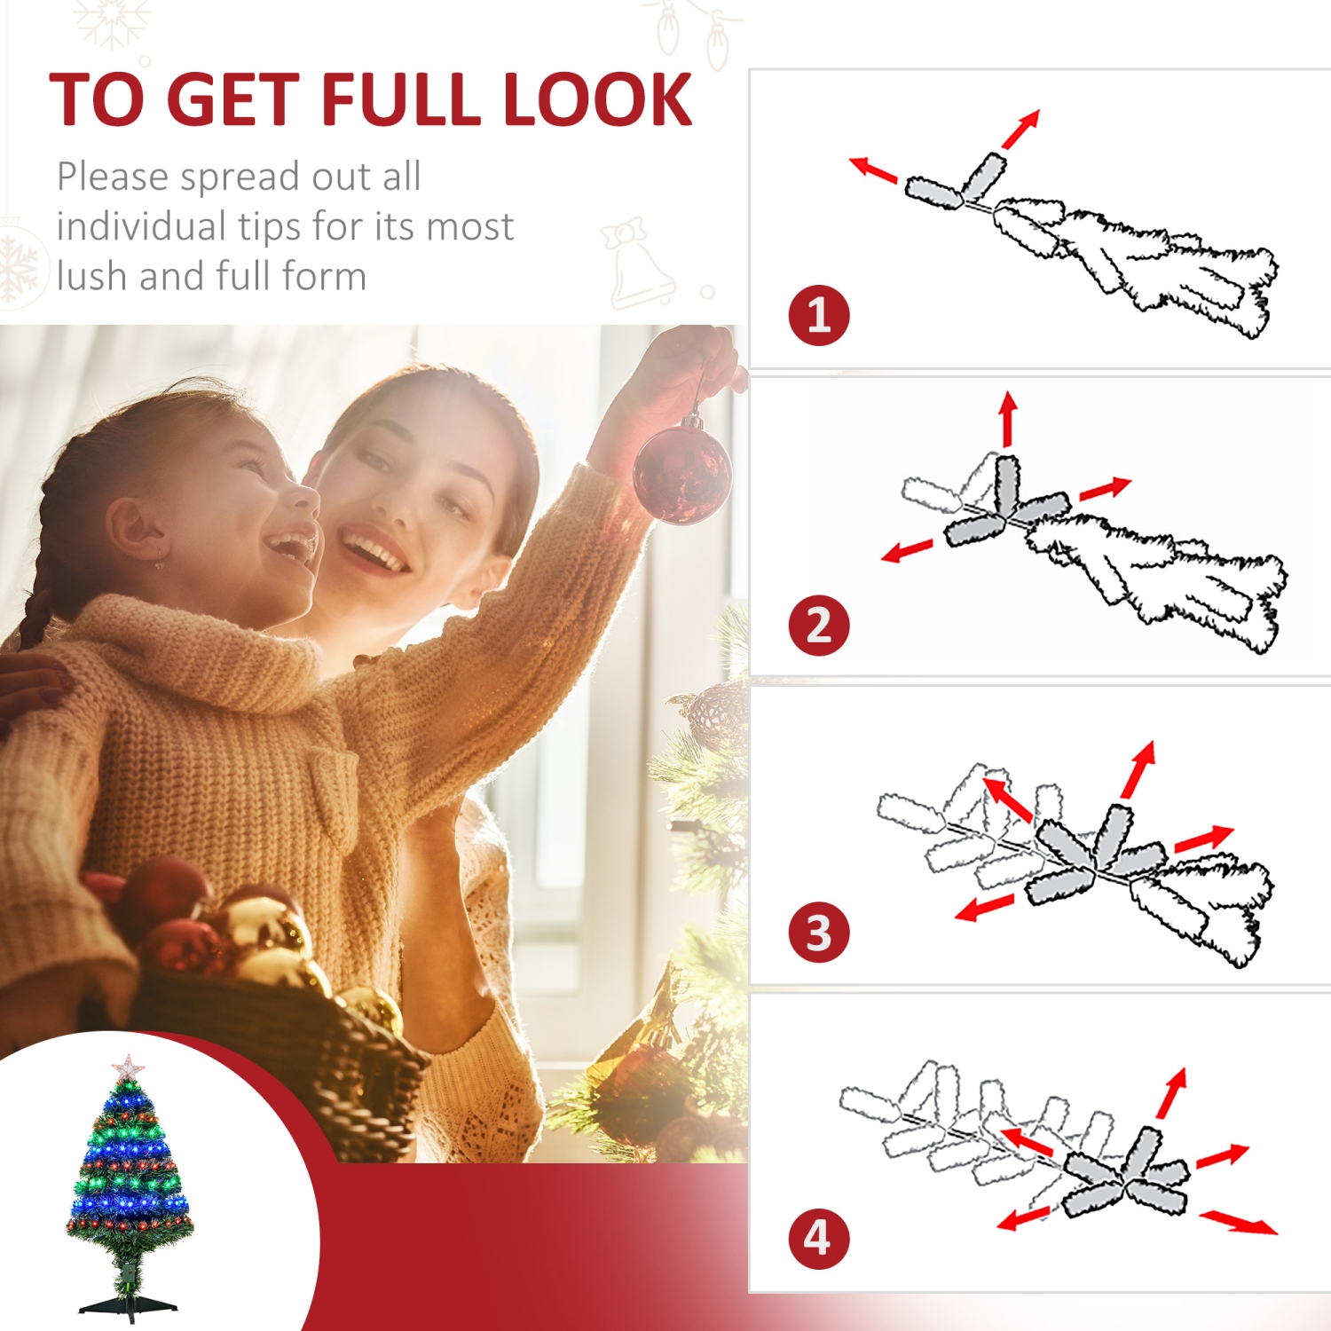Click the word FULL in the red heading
coord(403,99)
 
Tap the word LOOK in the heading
coord(597,99)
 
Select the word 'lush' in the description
coord(92,276)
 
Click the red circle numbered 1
coord(818,315)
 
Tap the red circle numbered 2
coord(818,625)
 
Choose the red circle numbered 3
coord(818,932)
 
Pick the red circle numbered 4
coord(818,1239)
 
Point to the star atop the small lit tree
coord(129,1067)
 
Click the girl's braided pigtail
coord(40,595)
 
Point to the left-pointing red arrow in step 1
coord(873,169)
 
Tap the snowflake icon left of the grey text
coord(18,266)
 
